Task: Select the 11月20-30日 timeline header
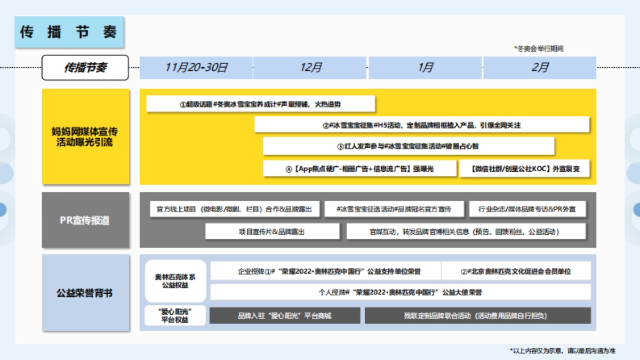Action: (196, 68)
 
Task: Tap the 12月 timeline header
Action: (311, 68)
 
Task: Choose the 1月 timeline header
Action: (426, 68)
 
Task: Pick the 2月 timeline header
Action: (540, 68)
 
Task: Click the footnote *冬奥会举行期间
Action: (539, 49)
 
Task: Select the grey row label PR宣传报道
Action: (85, 220)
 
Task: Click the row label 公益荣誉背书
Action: (85, 293)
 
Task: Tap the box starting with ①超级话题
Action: (261, 104)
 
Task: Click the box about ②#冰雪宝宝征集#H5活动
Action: (421, 125)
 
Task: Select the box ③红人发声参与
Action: (409, 146)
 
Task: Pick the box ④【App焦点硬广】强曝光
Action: (360, 169)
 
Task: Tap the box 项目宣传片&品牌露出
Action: (272, 231)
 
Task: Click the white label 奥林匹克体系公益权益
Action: (175, 281)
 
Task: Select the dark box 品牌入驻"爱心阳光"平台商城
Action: (285, 315)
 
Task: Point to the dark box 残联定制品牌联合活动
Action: (477, 315)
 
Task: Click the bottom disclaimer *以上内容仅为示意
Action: (563, 350)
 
